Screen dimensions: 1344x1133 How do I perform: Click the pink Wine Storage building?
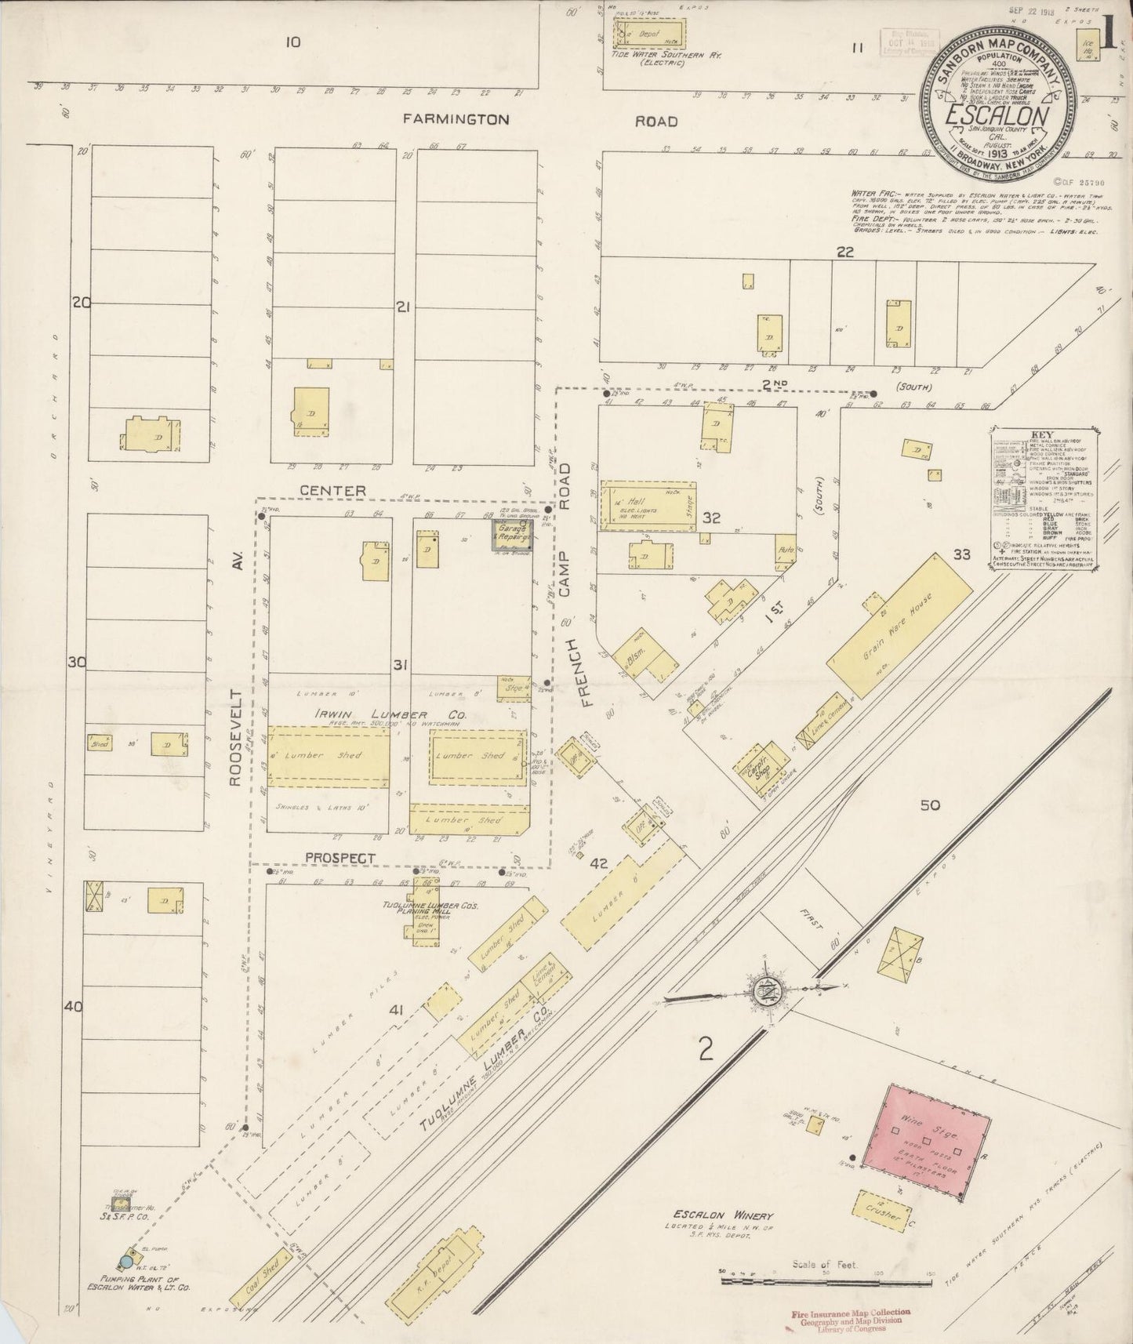point(922,1130)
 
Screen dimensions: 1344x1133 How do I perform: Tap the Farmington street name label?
point(456,120)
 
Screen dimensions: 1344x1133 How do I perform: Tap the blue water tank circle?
point(124,1262)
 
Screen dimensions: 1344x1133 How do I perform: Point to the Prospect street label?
point(340,858)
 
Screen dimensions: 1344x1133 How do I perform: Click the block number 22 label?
point(844,252)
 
